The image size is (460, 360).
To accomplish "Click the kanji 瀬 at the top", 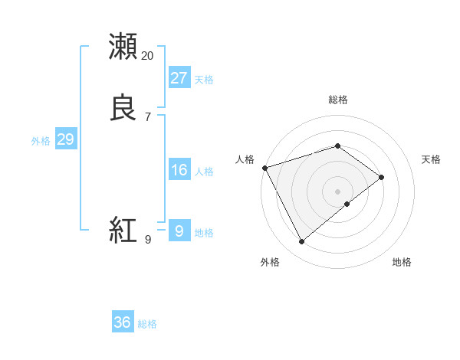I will point(123,46).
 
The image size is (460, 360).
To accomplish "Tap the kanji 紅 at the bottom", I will point(123,230).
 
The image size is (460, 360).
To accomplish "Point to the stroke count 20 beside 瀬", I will point(148,56).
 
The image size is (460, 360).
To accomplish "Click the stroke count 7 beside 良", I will point(148,117).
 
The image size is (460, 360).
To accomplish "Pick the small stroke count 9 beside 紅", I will point(148,240).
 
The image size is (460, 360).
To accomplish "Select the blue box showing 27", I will point(179,77).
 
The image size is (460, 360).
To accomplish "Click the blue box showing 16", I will point(179,169).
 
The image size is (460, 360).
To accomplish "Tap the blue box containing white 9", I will point(179,231).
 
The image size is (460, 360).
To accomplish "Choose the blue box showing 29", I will point(65,139).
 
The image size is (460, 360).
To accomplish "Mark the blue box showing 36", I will point(123,322).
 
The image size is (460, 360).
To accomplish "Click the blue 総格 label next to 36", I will point(148,324).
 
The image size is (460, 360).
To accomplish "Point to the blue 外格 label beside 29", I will point(41,141).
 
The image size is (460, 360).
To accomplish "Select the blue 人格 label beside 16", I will point(205,172).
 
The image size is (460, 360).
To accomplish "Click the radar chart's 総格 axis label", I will point(338,100).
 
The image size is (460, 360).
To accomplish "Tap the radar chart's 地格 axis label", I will point(402,262).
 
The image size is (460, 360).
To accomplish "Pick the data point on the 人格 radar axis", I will point(264,168).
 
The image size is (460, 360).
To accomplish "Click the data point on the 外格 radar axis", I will point(302,242).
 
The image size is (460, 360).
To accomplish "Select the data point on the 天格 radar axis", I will point(381,177).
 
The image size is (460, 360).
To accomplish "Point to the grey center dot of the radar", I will point(338,191).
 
